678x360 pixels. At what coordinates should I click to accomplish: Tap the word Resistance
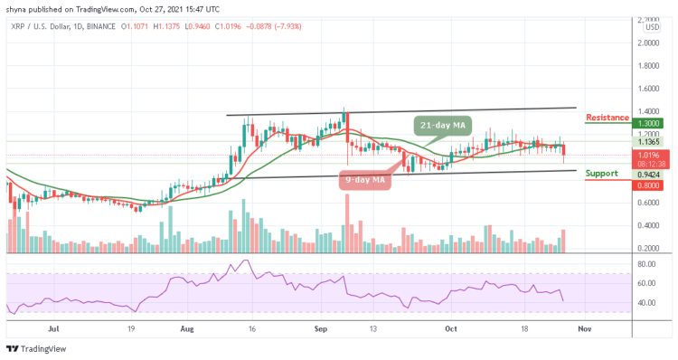608,118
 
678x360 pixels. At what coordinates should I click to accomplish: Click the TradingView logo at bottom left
36,349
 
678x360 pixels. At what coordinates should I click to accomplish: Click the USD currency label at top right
650,26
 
